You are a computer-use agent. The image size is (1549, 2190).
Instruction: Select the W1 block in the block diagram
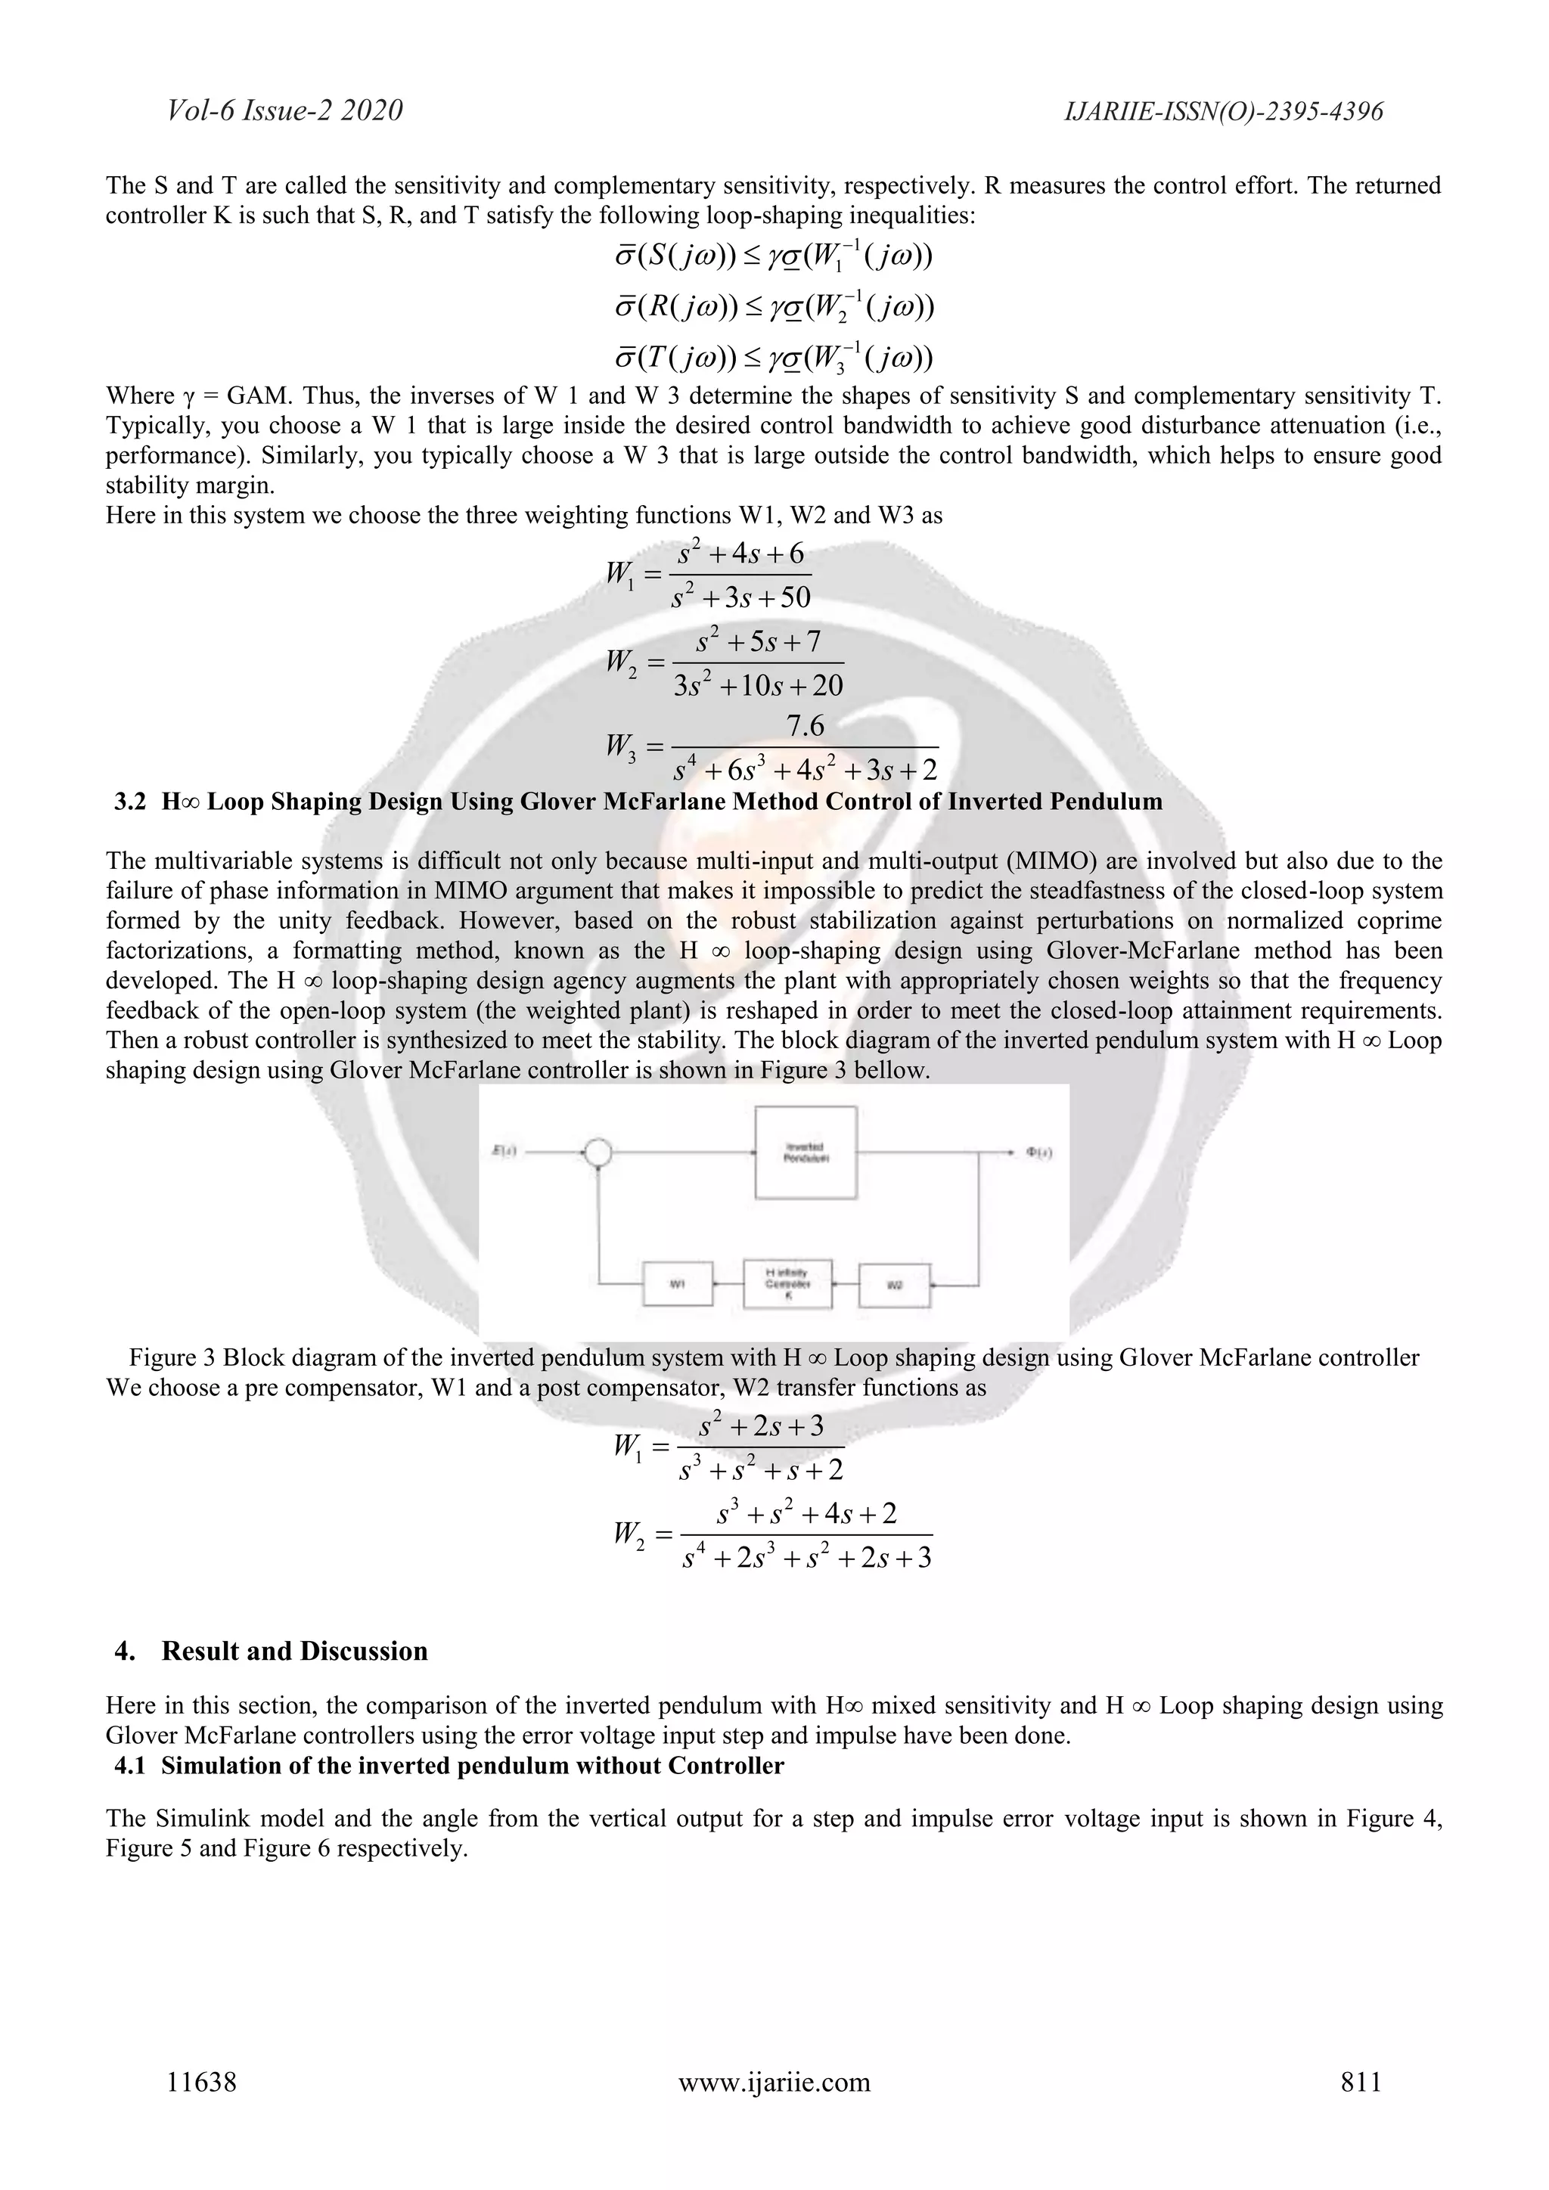677,1284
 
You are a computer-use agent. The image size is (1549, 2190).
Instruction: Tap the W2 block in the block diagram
895,1285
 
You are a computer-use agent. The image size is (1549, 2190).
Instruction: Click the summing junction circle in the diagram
598,1152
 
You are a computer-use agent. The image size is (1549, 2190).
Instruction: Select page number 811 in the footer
1361,2081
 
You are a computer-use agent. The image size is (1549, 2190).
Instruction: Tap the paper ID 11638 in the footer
201,2081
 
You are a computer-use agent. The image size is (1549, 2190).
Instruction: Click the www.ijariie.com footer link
774,2081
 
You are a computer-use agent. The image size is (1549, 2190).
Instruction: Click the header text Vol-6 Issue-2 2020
284,110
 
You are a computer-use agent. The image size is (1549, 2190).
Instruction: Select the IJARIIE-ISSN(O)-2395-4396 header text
1223,112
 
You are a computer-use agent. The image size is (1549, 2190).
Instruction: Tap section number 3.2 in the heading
131,802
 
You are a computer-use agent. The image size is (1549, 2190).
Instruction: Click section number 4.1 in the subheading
130,1766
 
